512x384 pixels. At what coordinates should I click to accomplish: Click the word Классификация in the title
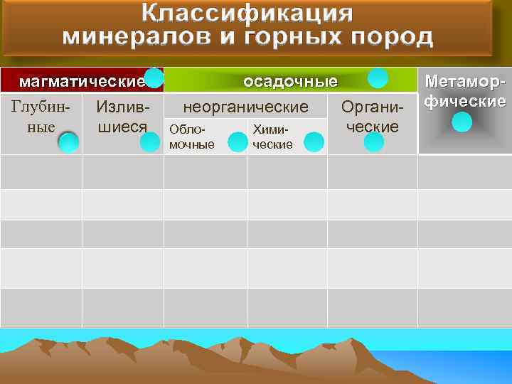pyautogui.click(x=246, y=14)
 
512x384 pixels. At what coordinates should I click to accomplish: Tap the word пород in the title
pyautogui.click(x=393, y=36)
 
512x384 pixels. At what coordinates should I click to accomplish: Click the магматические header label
pyautogui.click(x=80, y=81)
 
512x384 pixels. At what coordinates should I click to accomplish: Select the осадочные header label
pyautogui.click(x=290, y=81)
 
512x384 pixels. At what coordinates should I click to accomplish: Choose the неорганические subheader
pyautogui.click(x=246, y=107)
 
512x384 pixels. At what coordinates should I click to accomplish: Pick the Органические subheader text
pyautogui.click(x=372, y=117)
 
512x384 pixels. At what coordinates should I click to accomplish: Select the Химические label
pyautogui.click(x=272, y=138)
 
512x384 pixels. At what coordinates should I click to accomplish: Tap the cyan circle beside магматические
pyautogui.click(x=154, y=78)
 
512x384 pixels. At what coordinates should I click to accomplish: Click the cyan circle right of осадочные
pyautogui.click(x=378, y=78)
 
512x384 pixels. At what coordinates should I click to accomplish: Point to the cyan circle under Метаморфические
pyautogui.click(x=462, y=122)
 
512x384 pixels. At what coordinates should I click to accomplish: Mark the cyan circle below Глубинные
pyautogui.click(x=68, y=143)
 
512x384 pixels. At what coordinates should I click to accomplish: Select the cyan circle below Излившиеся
pyautogui.click(x=150, y=142)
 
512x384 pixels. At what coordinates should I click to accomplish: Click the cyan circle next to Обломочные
pyautogui.click(x=237, y=142)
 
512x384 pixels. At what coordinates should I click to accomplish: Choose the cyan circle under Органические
pyautogui.click(x=373, y=142)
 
